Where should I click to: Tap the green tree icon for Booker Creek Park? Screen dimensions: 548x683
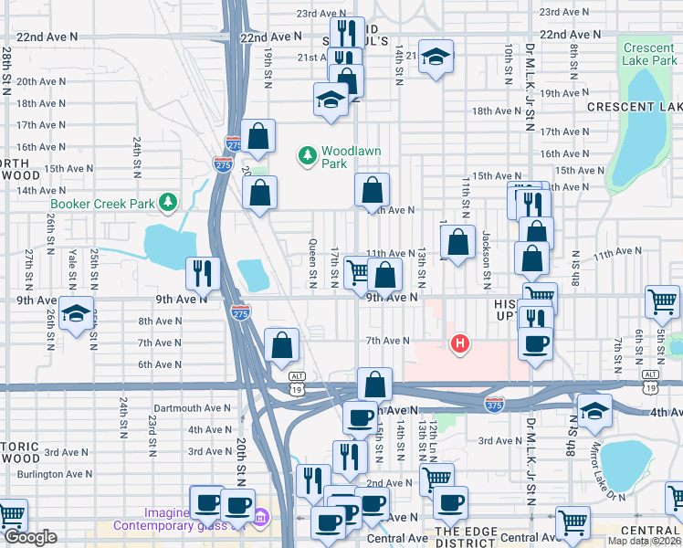coord(167,200)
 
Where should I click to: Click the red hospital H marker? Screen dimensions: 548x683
coord(461,344)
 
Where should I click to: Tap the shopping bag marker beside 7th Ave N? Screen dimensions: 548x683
coord(282,345)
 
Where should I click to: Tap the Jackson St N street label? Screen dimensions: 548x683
coord(489,261)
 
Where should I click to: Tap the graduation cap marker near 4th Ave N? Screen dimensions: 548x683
coord(594,410)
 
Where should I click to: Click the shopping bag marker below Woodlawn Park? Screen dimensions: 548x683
coord(372,191)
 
